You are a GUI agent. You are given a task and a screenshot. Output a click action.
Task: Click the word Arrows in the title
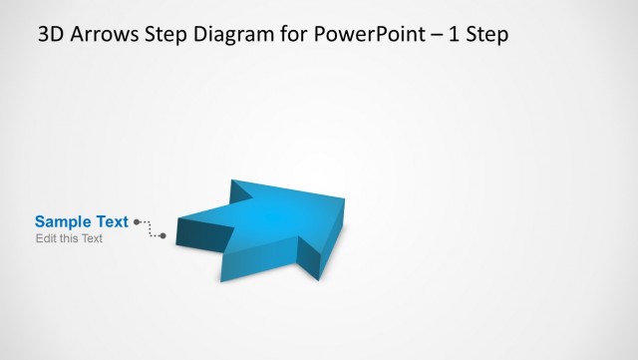coord(105,36)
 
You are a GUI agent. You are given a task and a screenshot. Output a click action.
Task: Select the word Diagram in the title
coord(233,36)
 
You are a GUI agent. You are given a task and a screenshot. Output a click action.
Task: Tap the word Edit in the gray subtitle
coord(46,239)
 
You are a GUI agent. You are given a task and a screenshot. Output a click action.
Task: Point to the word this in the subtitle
coord(69,239)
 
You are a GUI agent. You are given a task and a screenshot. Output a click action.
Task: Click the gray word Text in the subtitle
coord(92,239)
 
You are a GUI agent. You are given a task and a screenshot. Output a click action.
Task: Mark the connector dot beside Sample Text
coord(136,221)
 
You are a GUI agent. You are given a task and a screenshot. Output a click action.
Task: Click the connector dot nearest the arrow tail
coord(163,236)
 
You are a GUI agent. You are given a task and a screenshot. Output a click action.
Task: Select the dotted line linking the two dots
coord(150,230)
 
